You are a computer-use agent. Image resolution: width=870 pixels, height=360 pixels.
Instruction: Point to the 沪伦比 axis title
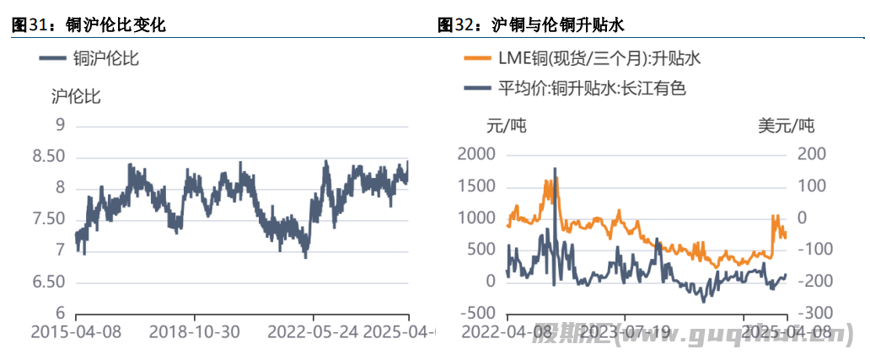(76, 96)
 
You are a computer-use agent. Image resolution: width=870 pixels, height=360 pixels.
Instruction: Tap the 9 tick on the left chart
(60, 125)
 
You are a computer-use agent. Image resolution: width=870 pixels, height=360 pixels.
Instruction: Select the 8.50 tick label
(48, 157)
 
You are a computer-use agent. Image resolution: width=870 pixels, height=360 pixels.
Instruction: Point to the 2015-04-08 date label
(76, 331)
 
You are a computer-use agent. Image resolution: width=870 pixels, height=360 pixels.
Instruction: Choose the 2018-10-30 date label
(194, 331)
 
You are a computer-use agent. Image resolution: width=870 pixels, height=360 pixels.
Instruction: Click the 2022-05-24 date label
(312, 331)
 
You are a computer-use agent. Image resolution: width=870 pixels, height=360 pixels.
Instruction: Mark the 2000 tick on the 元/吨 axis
(477, 154)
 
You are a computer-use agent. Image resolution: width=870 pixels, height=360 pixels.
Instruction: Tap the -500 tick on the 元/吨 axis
(477, 313)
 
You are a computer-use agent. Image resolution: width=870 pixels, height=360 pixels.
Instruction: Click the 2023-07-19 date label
(626, 331)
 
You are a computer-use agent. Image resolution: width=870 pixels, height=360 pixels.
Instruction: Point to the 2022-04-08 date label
(507, 331)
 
